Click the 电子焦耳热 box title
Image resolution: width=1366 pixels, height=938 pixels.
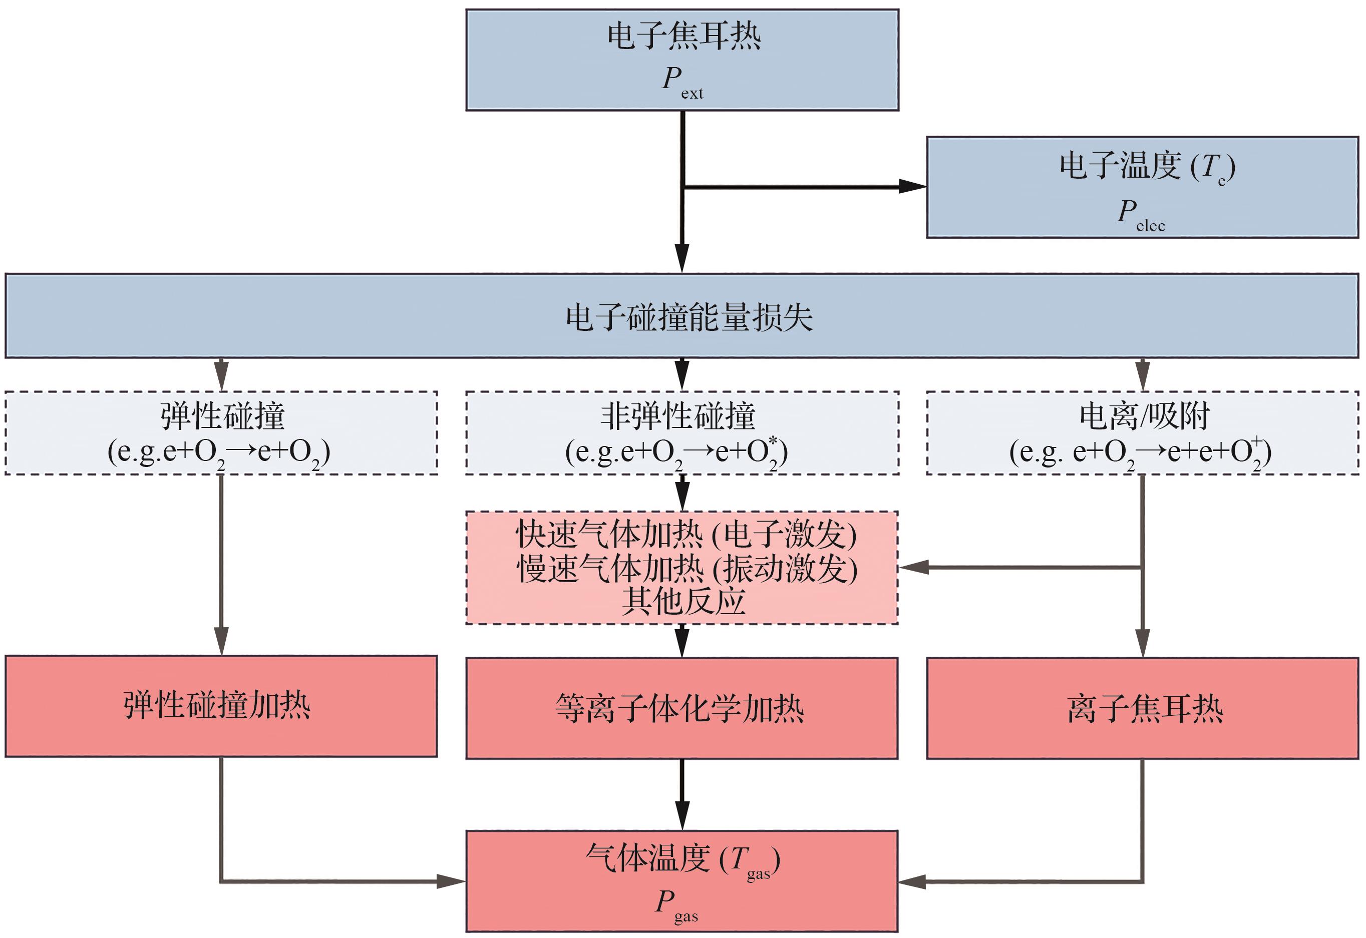[x=684, y=37]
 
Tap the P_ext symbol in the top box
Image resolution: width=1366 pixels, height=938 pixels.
[x=680, y=81]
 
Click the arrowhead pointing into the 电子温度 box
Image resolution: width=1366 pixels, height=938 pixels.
[x=913, y=187]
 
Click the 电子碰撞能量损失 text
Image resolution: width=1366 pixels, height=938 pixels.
[x=689, y=317]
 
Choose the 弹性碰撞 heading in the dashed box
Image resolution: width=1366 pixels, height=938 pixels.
[x=222, y=416]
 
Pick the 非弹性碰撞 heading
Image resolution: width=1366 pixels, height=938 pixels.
[x=677, y=416]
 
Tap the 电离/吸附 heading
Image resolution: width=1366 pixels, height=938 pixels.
[x=1144, y=416]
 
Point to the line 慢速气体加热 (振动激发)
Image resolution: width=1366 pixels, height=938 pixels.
[x=687, y=568]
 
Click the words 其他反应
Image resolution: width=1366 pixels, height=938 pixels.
[x=683, y=601]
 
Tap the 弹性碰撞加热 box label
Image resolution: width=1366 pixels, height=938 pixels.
[x=217, y=705]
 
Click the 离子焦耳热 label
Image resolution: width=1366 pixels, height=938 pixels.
[x=1144, y=708]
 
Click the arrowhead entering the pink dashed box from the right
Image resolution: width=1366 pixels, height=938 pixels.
[x=913, y=568]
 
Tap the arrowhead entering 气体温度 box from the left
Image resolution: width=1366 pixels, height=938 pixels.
[x=452, y=881]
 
